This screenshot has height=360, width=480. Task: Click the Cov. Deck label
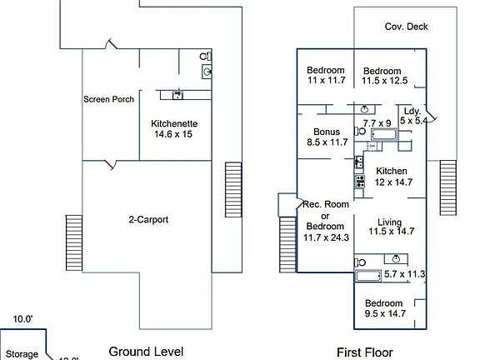(x=406, y=27)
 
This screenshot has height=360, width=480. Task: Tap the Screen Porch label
(x=109, y=99)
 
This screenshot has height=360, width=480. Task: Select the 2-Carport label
(x=147, y=220)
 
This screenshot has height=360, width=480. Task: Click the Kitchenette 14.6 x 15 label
(x=174, y=128)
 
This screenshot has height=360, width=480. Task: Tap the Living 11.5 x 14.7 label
(x=389, y=227)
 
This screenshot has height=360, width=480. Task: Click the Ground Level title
(x=146, y=352)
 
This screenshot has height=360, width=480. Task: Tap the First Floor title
(x=364, y=352)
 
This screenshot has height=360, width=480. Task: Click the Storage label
(x=22, y=354)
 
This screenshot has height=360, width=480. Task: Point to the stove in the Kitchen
(x=360, y=179)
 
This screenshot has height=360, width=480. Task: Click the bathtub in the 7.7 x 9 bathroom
(x=384, y=133)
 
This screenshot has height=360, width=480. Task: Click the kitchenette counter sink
(x=177, y=95)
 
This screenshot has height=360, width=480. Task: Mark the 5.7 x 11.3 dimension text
(x=404, y=274)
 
